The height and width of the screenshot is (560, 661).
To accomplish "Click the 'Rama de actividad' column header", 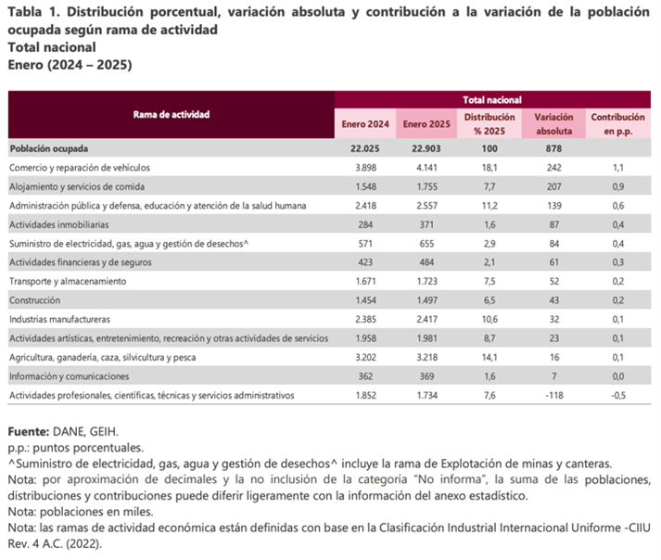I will coord(172,114).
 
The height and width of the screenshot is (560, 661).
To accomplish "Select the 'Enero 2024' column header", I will coord(363,123).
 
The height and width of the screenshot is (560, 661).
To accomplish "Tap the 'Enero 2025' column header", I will coord(426,123).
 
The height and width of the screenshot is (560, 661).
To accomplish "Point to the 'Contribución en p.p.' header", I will coord(618,123).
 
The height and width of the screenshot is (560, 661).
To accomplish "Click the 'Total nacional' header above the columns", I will coord(491,98).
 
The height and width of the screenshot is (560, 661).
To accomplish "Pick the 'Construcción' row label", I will coord(34,300).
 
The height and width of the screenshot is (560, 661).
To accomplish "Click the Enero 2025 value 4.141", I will coord(426,167).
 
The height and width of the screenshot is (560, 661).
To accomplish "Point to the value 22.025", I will coord(363,147).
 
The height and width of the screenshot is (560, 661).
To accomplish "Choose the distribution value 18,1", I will coord(490,167).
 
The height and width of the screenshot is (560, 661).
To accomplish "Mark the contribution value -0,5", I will coord(618,396).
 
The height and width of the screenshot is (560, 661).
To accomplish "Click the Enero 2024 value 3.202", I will coord(363,358).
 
